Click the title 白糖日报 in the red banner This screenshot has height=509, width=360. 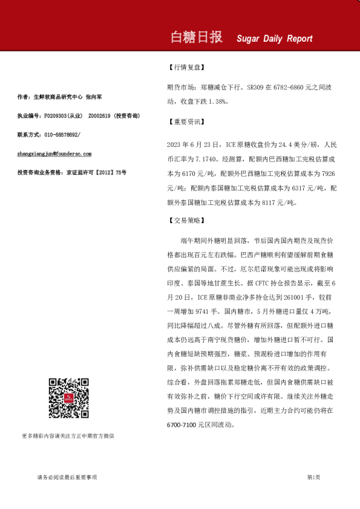[197, 37]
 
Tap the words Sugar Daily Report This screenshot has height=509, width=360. [275, 39]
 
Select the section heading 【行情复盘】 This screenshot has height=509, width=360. [185, 68]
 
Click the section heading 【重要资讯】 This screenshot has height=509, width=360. [185, 121]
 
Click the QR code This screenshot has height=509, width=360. [64, 394]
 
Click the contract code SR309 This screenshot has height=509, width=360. [255, 88]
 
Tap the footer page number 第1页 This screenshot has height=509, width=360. [313, 477]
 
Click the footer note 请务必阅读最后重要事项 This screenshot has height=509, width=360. [67, 477]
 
